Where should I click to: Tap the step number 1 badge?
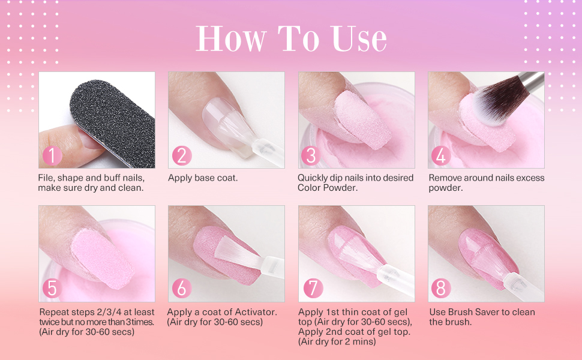52,155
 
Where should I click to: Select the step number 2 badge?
182,155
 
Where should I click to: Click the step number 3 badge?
311,155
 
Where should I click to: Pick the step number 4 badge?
441,155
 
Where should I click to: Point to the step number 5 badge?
52,289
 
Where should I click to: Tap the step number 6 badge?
182,289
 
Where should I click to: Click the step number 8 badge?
441,289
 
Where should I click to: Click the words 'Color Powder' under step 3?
328,188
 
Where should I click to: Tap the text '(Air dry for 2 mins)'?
337,342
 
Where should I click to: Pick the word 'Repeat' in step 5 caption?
54,312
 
